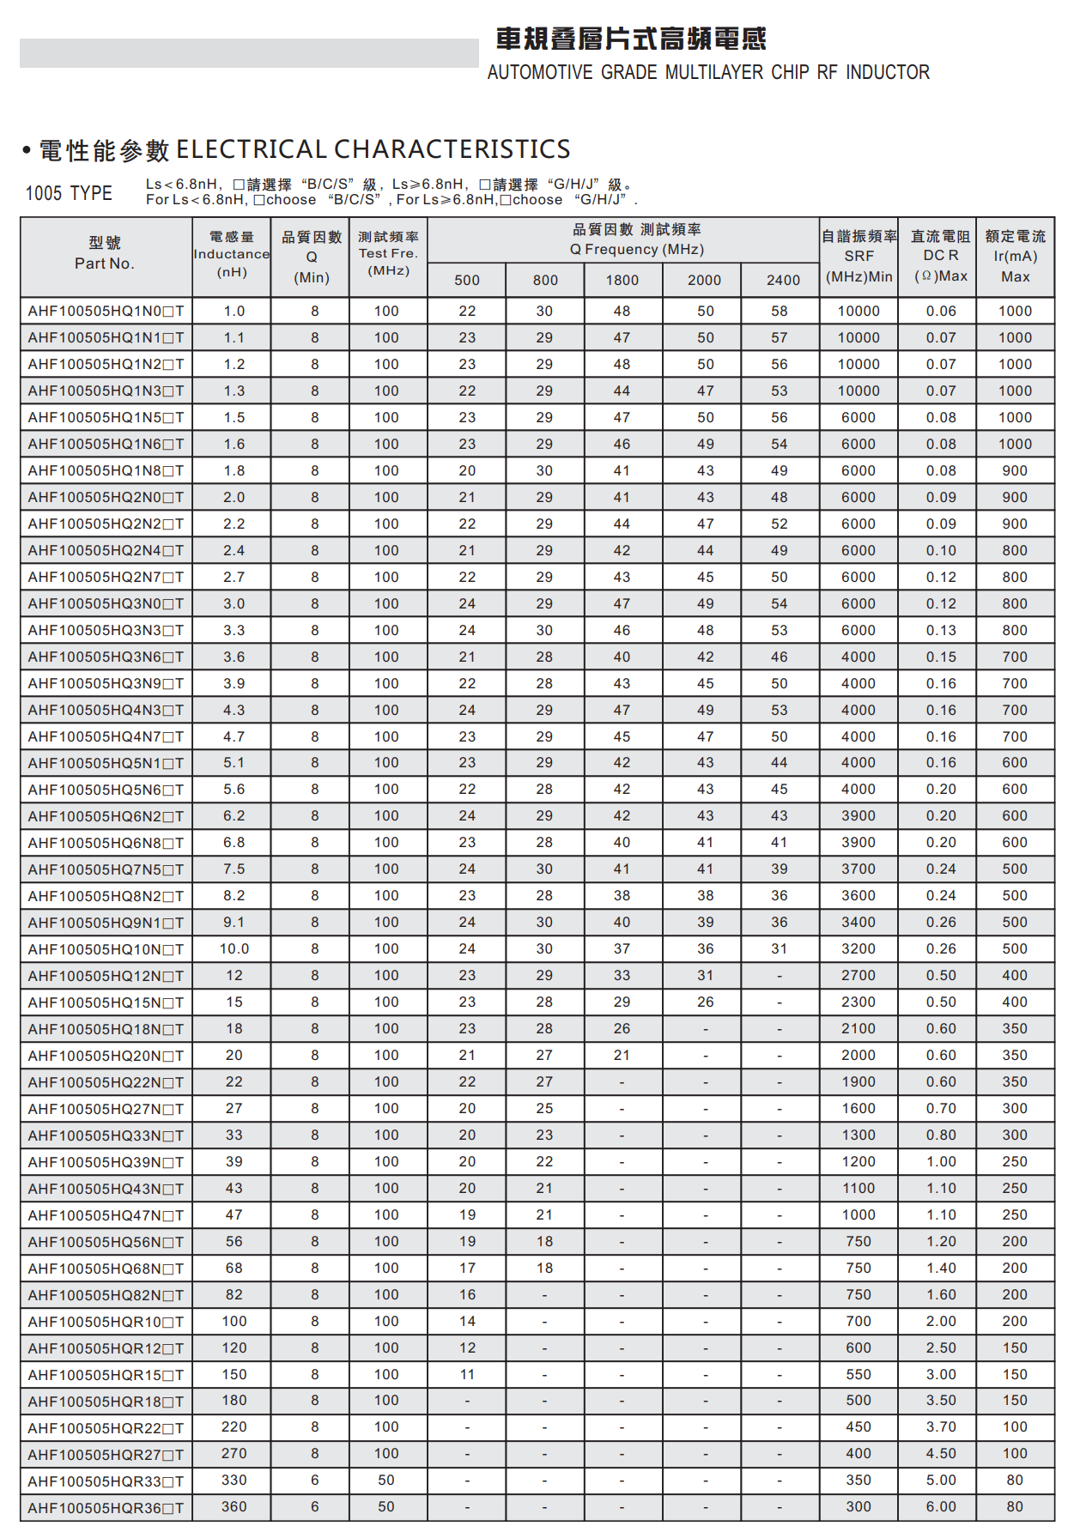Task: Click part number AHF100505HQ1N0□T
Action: [106, 312]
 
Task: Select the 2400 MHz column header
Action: [783, 280]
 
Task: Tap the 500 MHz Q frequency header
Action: [467, 280]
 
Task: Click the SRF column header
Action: [859, 256]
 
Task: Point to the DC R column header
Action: [941, 256]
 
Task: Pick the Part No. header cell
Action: [105, 254]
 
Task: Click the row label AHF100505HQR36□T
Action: [106, 1508]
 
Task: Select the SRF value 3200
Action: [859, 949]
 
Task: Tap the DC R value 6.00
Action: [941, 1507]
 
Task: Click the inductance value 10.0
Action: [234, 949]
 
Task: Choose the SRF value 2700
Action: [859, 976]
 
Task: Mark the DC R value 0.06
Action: [941, 312]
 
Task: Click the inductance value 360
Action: [234, 1507]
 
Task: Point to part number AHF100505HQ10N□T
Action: [106, 950]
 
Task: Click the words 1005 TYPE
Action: [69, 193]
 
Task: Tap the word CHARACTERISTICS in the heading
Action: [452, 150]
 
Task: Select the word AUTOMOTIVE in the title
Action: [540, 73]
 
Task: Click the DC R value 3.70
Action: [941, 1427]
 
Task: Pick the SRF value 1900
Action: [859, 1082]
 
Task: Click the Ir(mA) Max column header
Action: [1015, 256]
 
